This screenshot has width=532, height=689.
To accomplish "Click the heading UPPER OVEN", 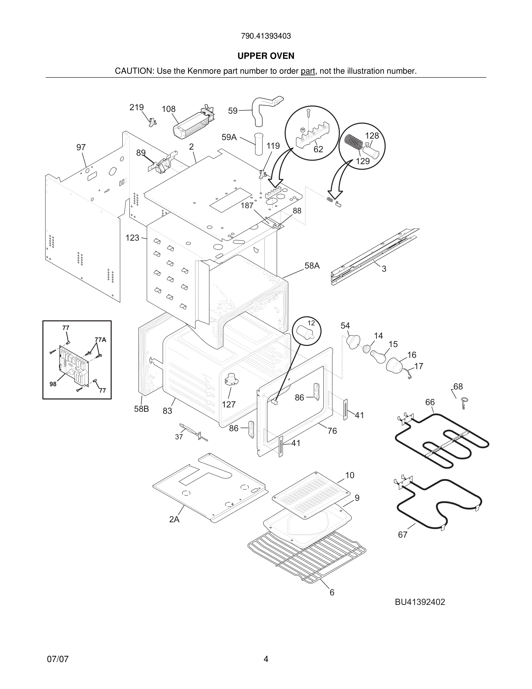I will [x=266, y=56].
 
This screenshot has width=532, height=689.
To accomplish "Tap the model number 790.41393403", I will [x=266, y=36].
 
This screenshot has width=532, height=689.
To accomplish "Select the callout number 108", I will [x=168, y=109].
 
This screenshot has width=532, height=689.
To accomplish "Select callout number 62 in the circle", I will [x=318, y=149].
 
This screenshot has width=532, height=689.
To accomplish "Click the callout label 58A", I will [x=312, y=266].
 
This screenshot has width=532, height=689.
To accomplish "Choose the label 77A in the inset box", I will [x=100, y=340].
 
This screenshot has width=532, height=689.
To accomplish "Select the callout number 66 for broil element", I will [x=430, y=402].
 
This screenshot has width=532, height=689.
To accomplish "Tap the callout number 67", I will [x=402, y=534].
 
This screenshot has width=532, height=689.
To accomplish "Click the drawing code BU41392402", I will [x=420, y=602].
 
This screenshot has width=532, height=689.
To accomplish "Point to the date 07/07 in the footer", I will [x=58, y=659].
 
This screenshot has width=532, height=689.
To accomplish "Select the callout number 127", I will [x=229, y=404].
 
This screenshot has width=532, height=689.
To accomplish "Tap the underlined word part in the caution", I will [x=308, y=71].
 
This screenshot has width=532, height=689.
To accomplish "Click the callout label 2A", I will [x=174, y=519].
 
